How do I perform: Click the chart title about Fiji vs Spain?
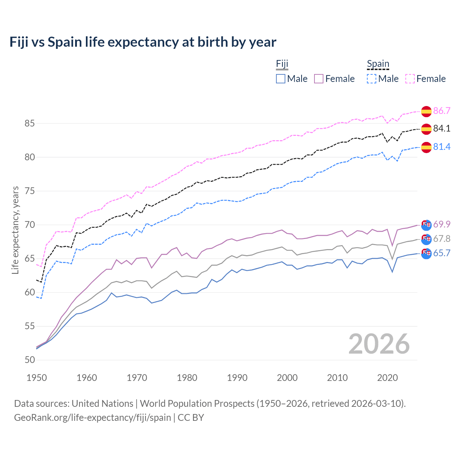click(x=143, y=42)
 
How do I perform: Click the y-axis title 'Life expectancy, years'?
click(x=15, y=230)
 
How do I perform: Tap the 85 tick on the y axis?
click(x=30, y=123)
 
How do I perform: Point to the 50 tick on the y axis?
click(x=30, y=360)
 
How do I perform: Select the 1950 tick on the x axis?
click(x=37, y=378)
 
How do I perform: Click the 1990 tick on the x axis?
click(x=237, y=378)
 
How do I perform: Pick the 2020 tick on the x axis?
click(x=387, y=378)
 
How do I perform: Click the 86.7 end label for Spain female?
click(x=442, y=111)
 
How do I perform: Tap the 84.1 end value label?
click(x=442, y=129)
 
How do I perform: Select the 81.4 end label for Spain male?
click(x=442, y=147)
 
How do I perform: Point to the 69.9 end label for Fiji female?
click(x=442, y=224)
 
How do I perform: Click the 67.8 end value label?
click(x=442, y=239)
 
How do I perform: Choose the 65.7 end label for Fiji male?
click(x=442, y=253)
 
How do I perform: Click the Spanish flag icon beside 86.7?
click(x=426, y=111)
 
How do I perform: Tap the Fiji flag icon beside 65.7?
click(x=426, y=253)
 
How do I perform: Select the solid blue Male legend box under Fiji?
click(x=281, y=79)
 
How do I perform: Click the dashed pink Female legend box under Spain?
click(x=410, y=79)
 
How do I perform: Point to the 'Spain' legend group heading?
click(x=378, y=64)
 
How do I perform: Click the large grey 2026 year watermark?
click(x=379, y=344)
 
